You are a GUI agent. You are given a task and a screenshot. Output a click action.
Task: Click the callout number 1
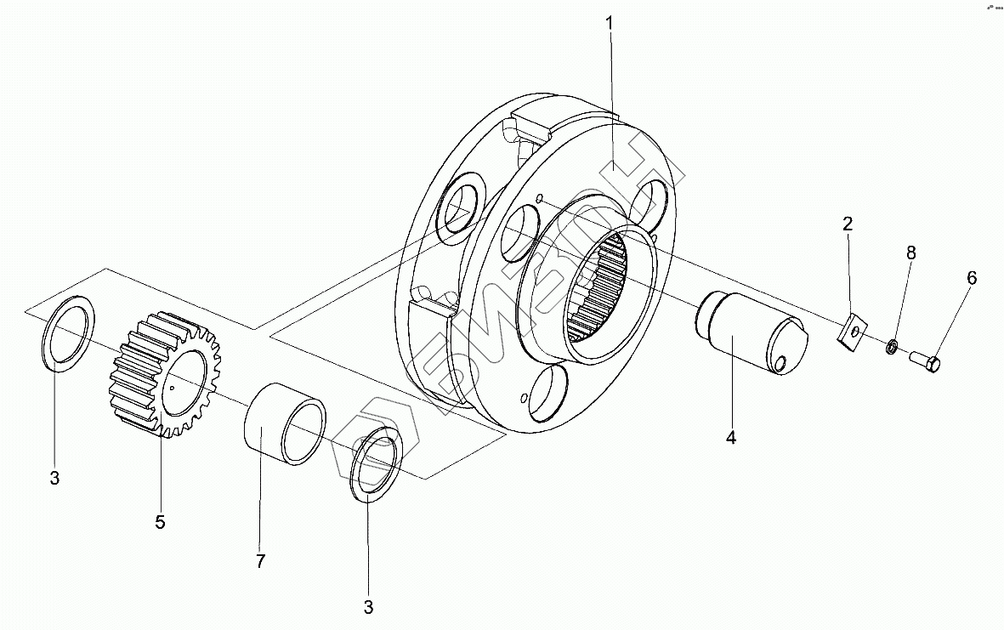coord(610,23)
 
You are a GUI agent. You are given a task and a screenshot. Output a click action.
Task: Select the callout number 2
coord(848,224)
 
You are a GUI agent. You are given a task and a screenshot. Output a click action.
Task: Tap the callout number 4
coord(730,438)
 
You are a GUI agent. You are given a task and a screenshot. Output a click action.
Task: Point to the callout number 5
coord(160,522)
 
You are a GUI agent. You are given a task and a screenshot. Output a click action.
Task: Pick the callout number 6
coord(971,278)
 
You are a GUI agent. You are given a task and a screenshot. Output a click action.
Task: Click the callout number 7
coord(260,561)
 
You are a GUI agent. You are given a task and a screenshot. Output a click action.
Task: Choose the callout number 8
coord(910,253)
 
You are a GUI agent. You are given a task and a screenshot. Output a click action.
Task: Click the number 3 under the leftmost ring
coord(54,478)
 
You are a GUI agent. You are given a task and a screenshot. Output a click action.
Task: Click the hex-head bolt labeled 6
coord(925,363)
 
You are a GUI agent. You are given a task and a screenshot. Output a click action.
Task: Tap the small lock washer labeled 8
coord(892,346)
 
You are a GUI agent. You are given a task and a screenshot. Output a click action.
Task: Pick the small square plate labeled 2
coord(851,331)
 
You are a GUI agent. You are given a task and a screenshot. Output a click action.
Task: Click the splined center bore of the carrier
coord(599,289)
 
